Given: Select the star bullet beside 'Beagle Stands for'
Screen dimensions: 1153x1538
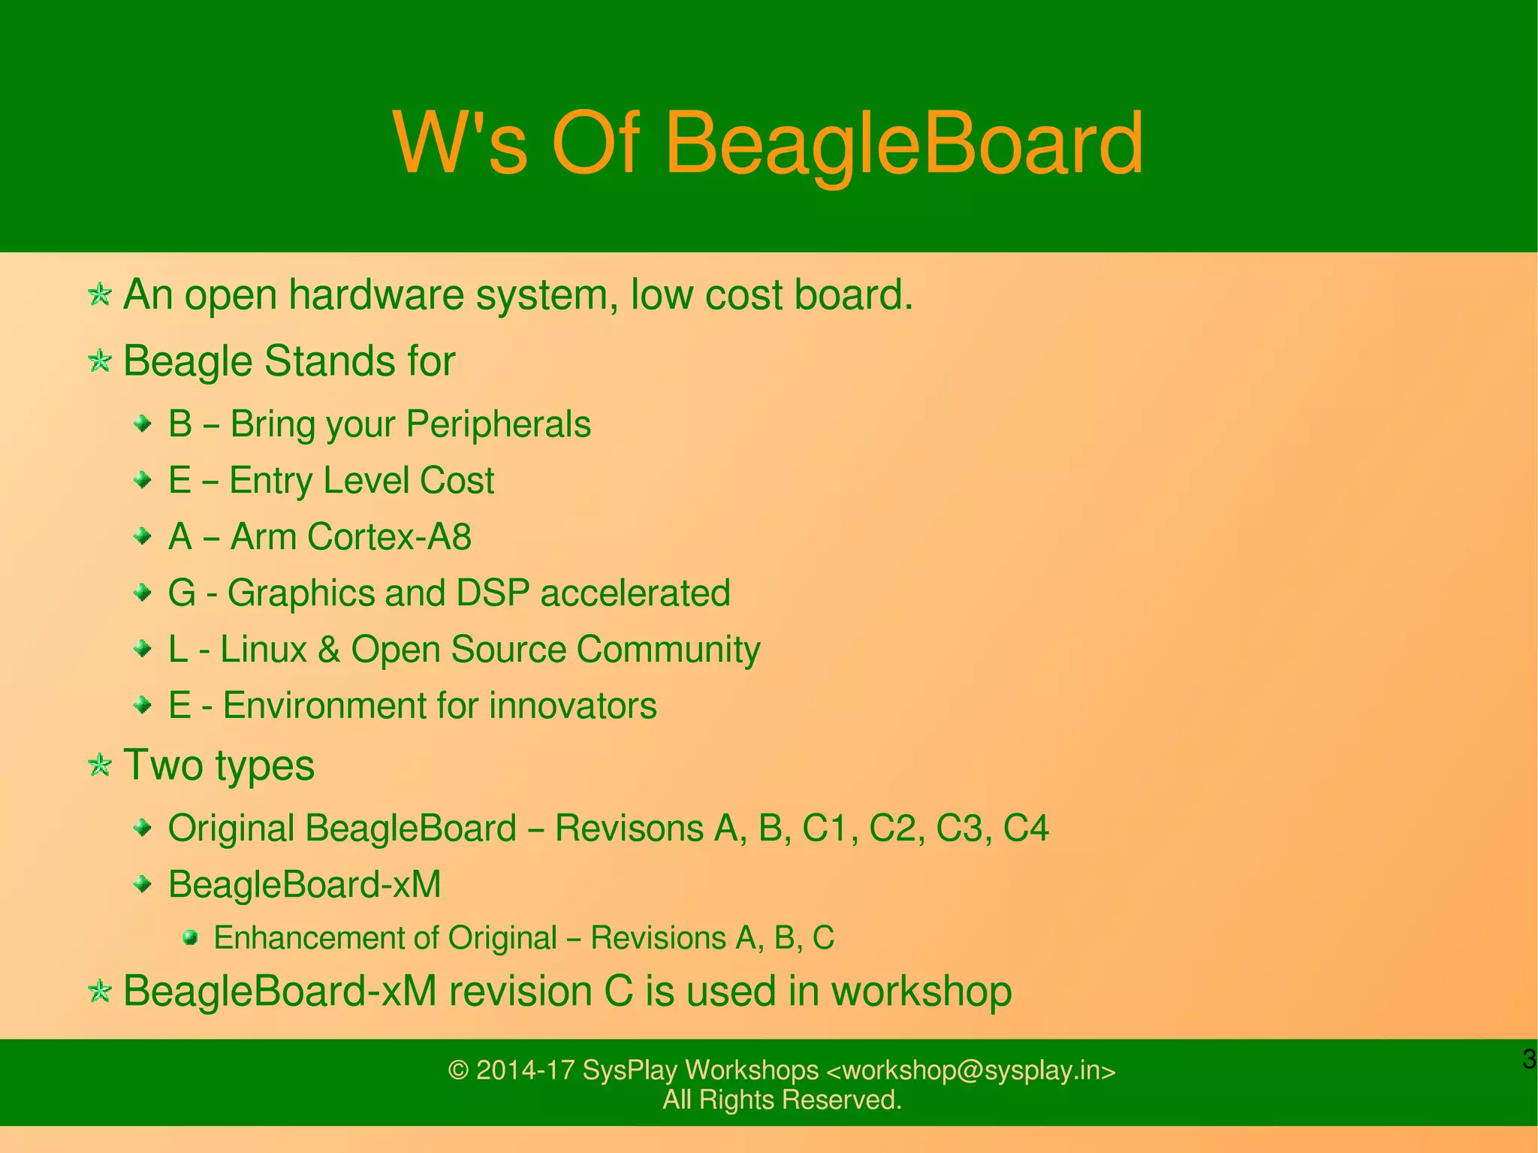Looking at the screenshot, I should coord(99,361).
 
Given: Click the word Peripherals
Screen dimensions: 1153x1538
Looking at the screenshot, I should coord(498,424).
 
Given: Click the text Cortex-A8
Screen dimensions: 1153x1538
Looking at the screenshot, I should coord(389,537).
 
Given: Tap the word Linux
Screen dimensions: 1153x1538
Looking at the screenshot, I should coord(264,650).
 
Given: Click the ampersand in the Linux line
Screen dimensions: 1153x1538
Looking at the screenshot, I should coord(329,650).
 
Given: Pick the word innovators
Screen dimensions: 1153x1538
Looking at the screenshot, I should coord(572,706).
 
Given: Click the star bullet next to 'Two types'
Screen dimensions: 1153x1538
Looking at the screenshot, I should coord(99,765).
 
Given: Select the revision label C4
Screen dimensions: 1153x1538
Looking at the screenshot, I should coord(1025,829).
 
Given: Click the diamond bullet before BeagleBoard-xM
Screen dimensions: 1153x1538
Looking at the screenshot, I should coord(142,885).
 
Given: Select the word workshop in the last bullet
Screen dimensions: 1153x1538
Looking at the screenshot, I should coord(921,992).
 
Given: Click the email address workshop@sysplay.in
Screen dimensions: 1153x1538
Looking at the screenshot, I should coord(970,1070).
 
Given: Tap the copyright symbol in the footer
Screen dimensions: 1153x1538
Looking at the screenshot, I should coord(458,1070).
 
